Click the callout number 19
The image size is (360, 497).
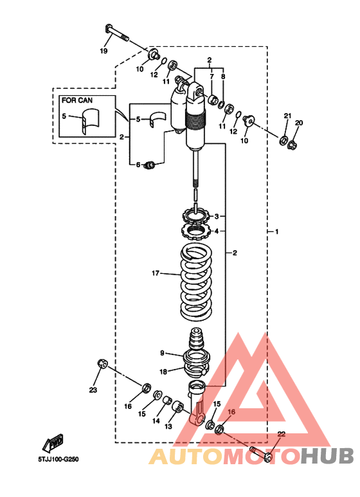104,51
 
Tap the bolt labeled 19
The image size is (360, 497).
116,33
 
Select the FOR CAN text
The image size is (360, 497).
77,100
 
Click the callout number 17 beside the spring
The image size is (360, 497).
156,273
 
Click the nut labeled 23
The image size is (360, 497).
102,364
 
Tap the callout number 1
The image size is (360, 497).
276,231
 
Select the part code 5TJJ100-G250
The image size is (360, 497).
59,459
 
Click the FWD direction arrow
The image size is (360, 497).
53,442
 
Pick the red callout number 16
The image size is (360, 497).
231,411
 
